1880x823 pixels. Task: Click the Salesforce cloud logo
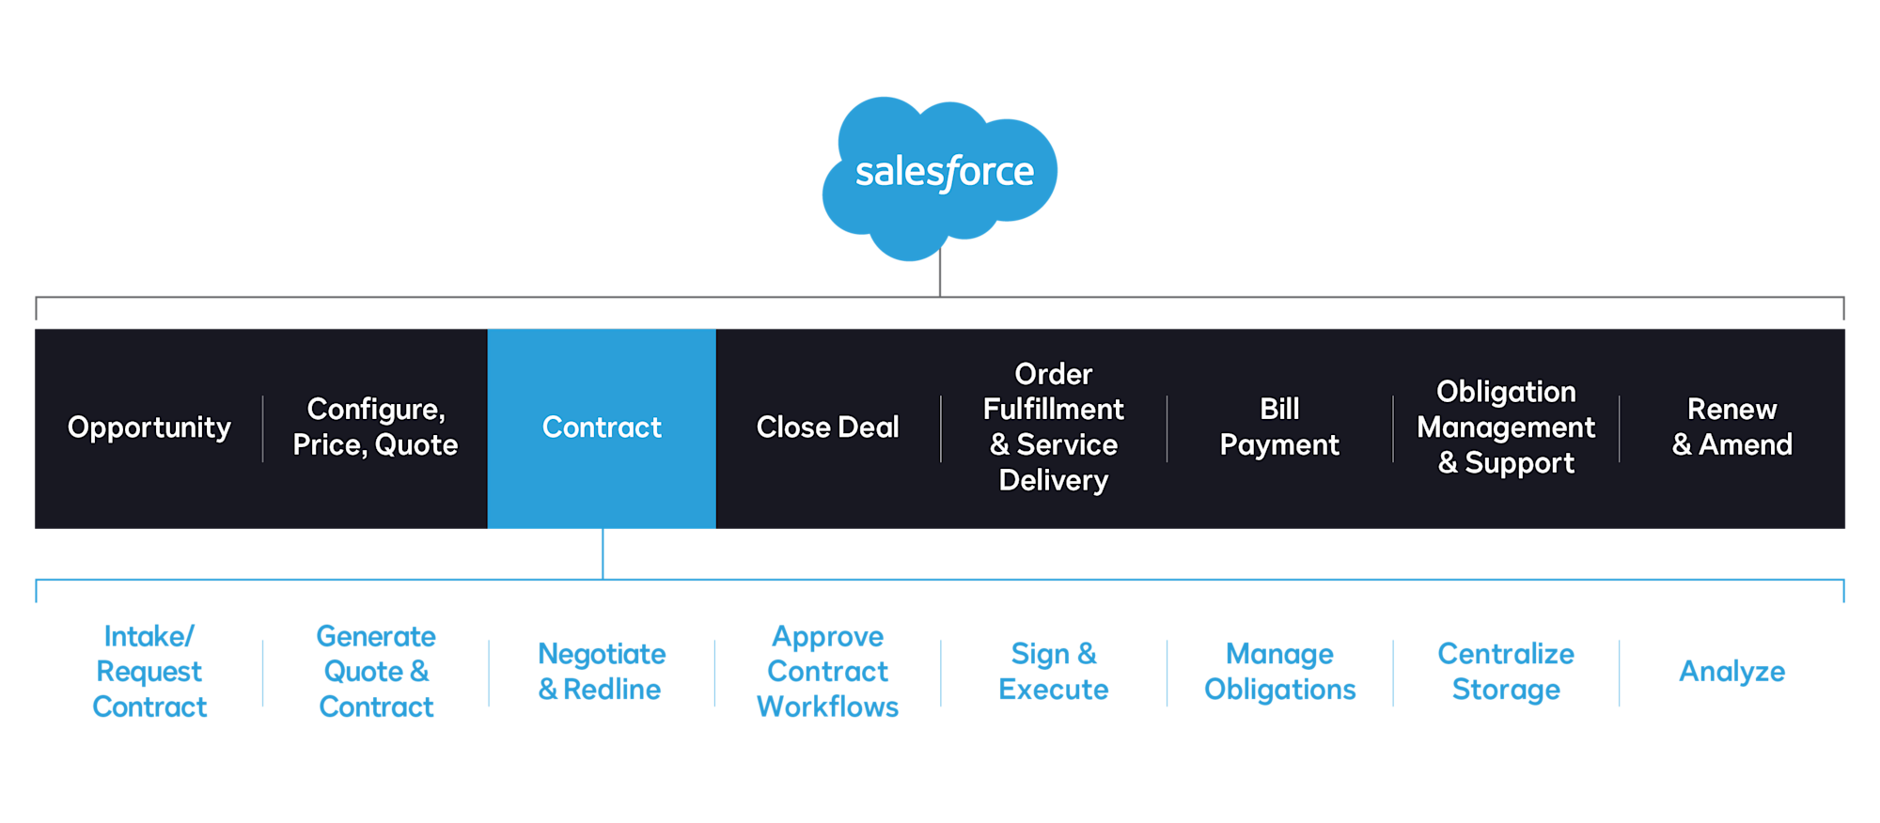point(940,174)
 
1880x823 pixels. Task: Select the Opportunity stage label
point(149,427)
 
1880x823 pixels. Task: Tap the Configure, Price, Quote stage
point(375,427)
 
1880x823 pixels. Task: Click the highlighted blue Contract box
point(602,427)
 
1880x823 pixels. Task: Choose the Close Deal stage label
point(827,427)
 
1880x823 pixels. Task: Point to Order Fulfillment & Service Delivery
point(1053,427)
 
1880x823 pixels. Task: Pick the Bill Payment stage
point(1279,427)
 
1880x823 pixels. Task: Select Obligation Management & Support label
point(1506,427)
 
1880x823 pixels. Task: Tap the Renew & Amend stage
point(1731,427)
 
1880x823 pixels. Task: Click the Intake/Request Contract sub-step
point(149,672)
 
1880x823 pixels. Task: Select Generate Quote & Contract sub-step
point(376,672)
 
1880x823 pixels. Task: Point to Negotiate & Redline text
point(602,672)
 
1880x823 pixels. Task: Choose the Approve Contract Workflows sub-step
point(827,672)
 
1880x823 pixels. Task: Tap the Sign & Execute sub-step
point(1053,672)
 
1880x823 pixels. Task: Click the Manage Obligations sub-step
point(1279,672)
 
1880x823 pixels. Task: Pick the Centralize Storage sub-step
point(1506,672)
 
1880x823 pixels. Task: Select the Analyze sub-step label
point(1731,672)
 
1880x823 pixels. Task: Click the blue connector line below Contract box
point(603,554)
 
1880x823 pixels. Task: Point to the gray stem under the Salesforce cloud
point(940,277)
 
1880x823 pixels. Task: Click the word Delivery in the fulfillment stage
point(1053,480)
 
